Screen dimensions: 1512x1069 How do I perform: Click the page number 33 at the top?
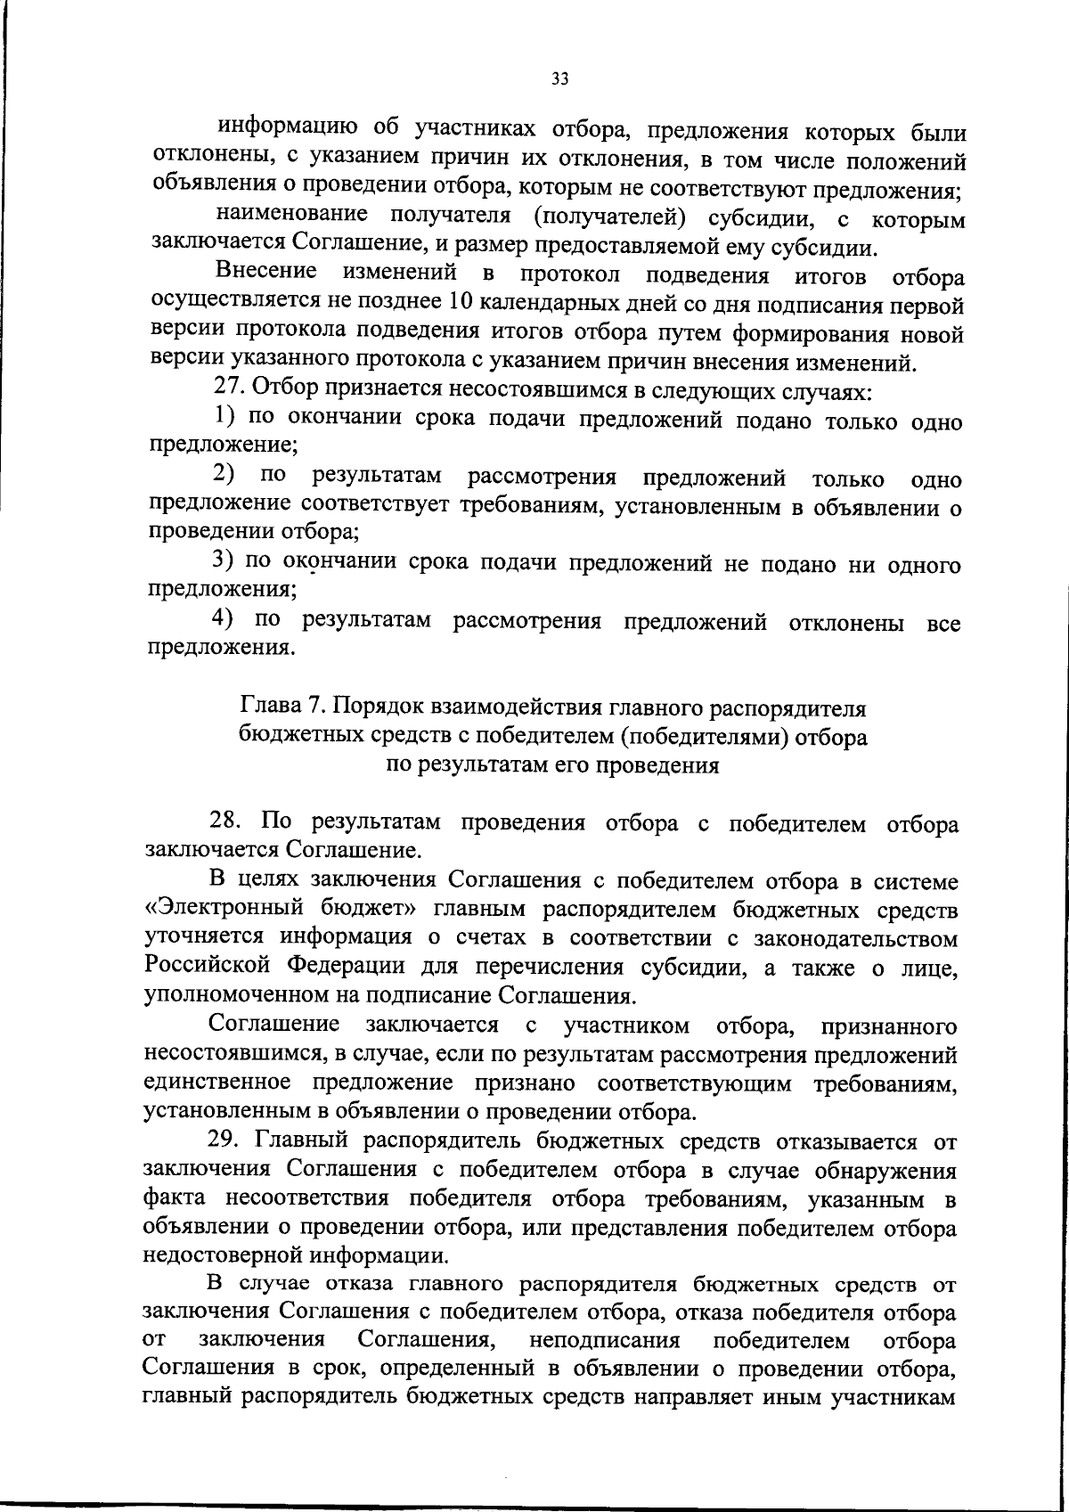click(x=559, y=78)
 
